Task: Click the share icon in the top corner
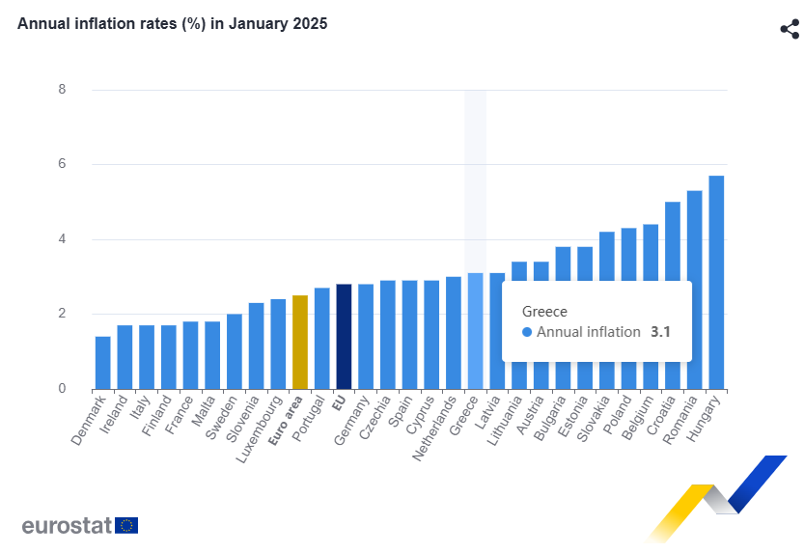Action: coord(789,29)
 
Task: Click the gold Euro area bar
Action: coord(299,343)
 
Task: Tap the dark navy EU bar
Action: coord(344,337)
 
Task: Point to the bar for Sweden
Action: coord(234,352)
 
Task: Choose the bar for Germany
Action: coord(366,337)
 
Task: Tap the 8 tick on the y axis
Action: coord(62,90)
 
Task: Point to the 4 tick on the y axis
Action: coord(62,239)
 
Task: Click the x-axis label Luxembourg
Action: coord(259,425)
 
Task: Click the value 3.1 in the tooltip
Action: coord(660,332)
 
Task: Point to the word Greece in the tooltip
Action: coord(544,312)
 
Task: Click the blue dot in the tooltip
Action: coord(527,332)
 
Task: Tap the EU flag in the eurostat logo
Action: coord(126,525)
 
